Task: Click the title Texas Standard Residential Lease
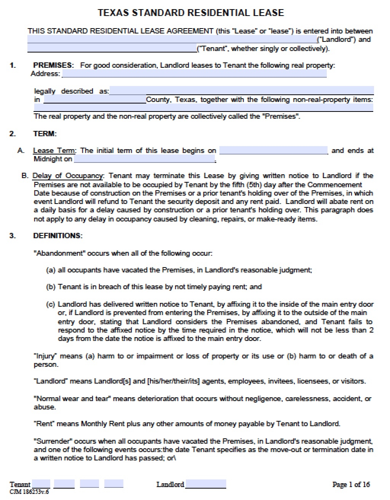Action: coord(191,13)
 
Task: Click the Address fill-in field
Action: coord(194,73)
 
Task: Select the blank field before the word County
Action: coord(95,100)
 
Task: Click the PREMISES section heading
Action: coord(53,65)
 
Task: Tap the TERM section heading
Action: coord(45,134)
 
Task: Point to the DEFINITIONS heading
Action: coord(58,236)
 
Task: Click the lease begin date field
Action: coord(273,150)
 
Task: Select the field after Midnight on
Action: coord(145,159)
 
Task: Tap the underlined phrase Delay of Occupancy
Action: coord(67,176)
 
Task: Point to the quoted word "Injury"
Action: coord(45,356)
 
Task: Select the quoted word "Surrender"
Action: coord(53,441)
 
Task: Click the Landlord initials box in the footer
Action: coord(205,484)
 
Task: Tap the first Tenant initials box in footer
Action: coord(41,484)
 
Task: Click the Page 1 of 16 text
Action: coord(351,484)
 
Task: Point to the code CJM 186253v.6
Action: coord(29,492)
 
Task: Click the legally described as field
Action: coord(241,91)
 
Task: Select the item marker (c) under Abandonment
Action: coord(51,304)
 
